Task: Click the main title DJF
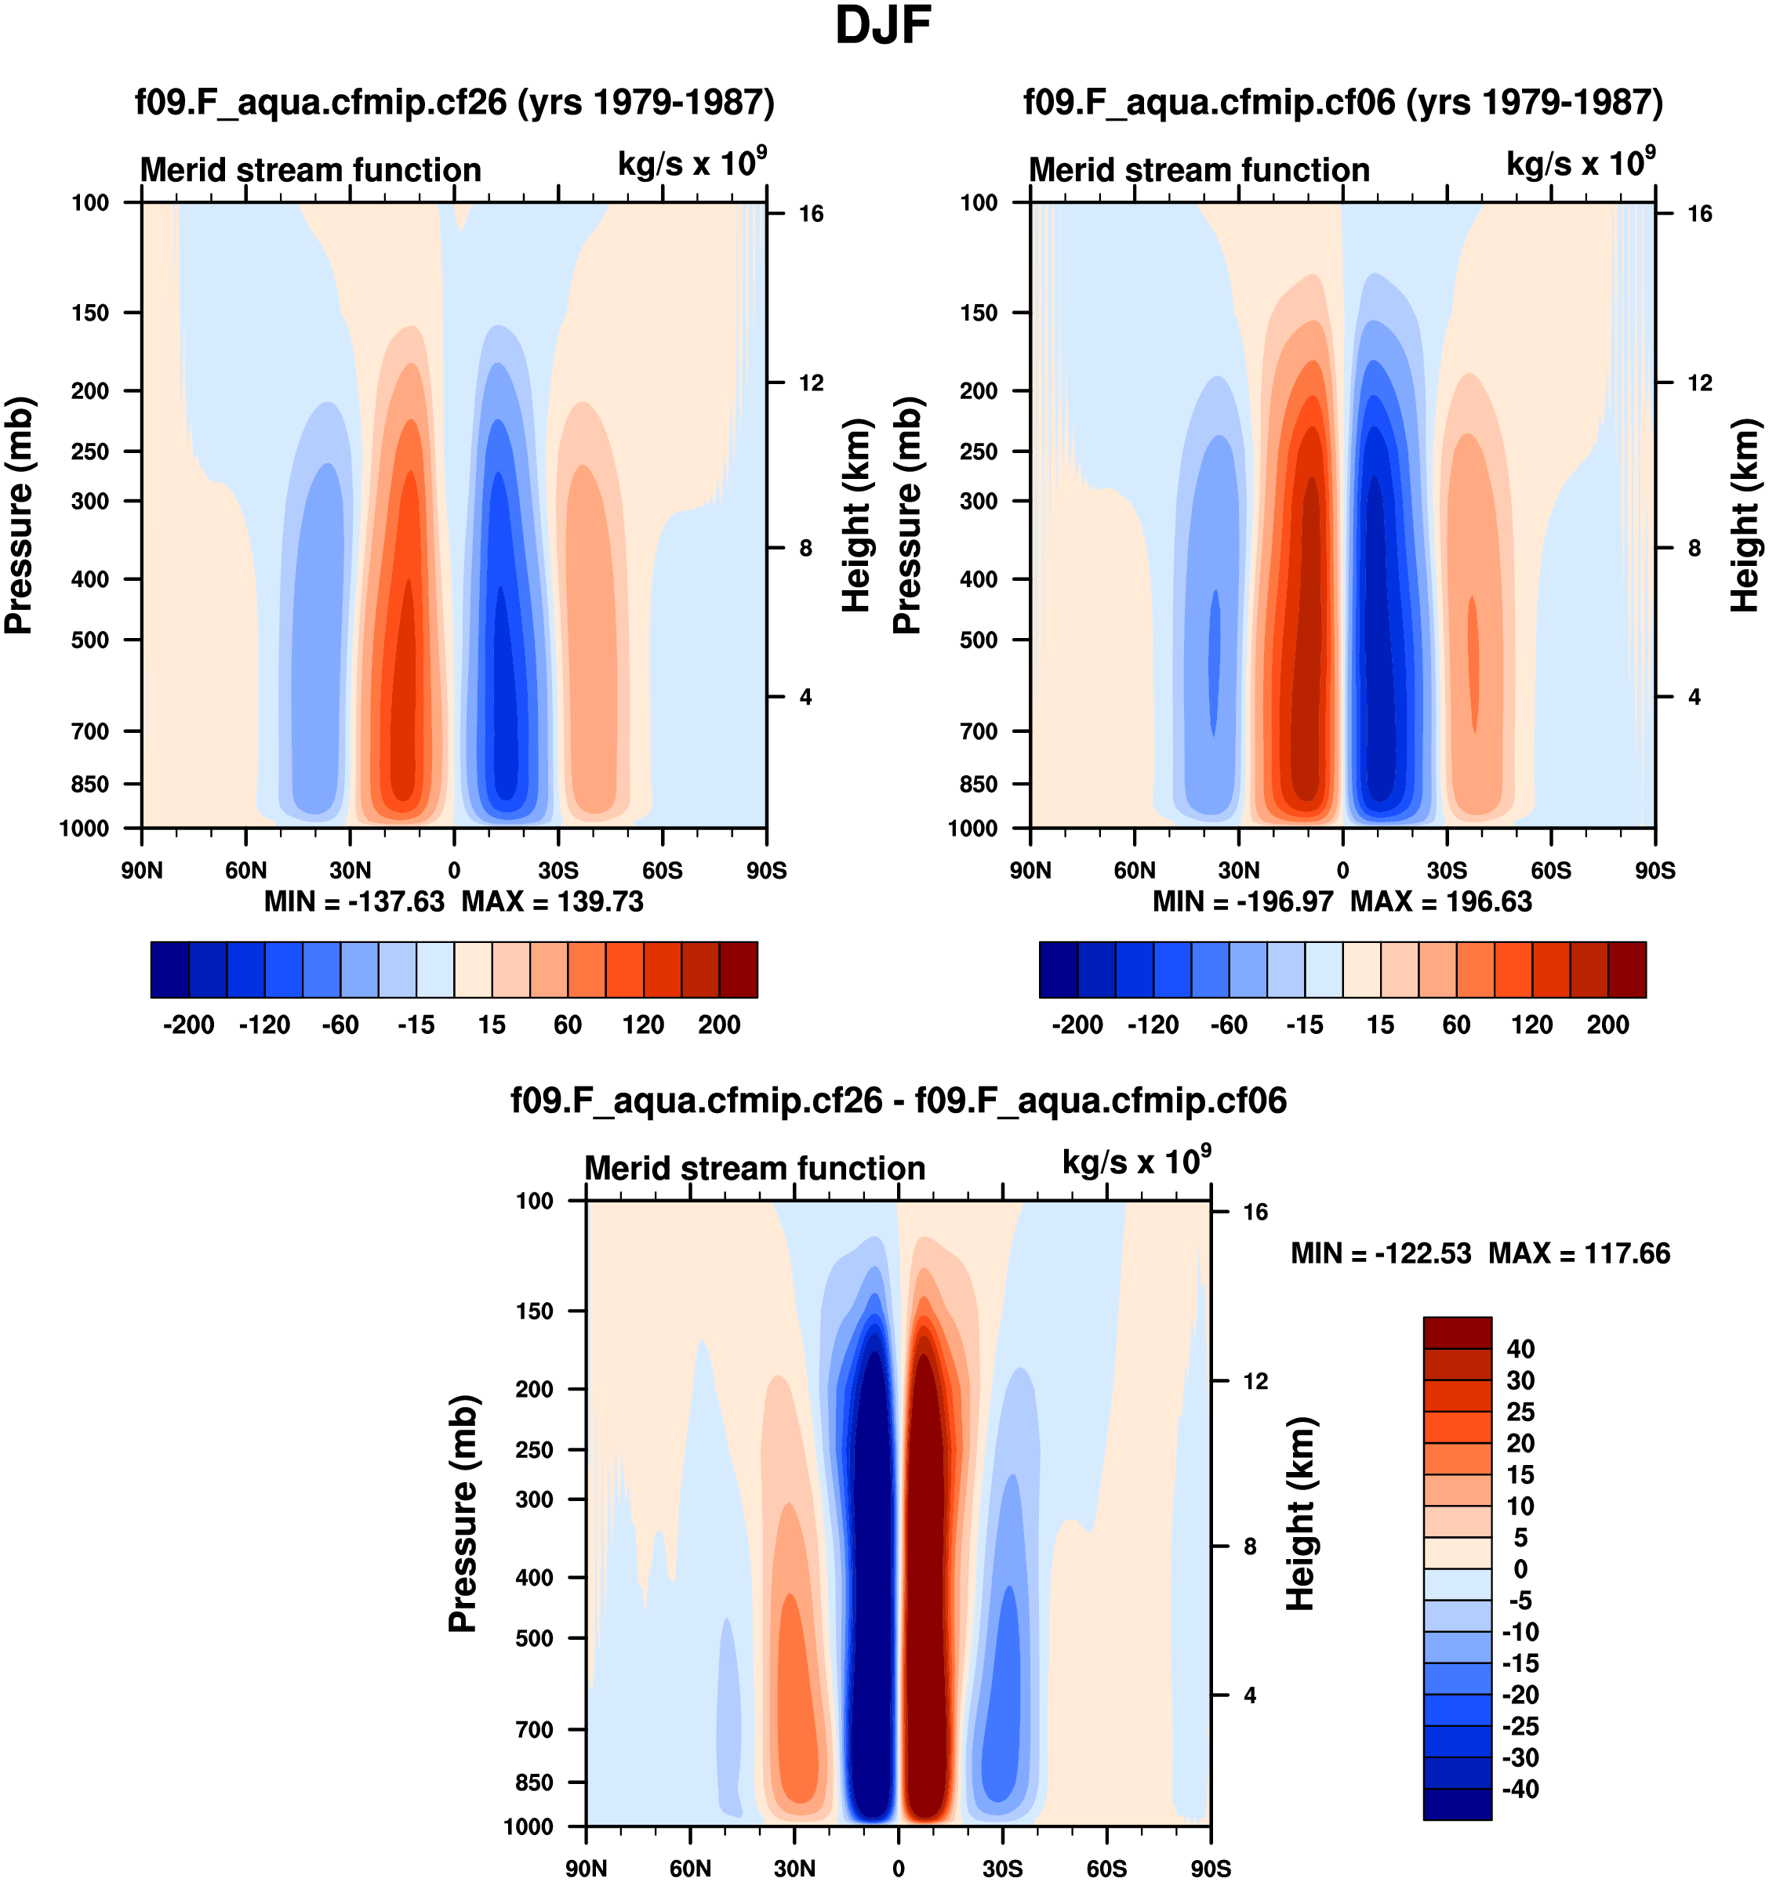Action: pyautogui.click(x=883, y=26)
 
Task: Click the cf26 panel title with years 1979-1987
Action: pyautogui.click(x=455, y=102)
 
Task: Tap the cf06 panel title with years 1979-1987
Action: pyautogui.click(x=1343, y=102)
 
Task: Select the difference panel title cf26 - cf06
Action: pyautogui.click(x=899, y=1101)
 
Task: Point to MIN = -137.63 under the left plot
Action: pyautogui.click(x=354, y=901)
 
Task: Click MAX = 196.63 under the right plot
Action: pyautogui.click(x=1440, y=901)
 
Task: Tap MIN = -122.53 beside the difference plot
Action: pyautogui.click(x=1381, y=1253)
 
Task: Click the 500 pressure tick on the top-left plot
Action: pyautogui.click(x=90, y=640)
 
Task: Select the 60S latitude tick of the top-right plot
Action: pyautogui.click(x=1551, y=870)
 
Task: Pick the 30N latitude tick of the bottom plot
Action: pyautogui.click(x=794, y=1869)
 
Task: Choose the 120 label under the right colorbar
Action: pyautogui.click(x=1531, y=1024)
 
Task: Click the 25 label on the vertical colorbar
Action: pyautogui.click(x=1520, y=1412)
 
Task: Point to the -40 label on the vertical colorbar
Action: pyautogui.click(x=1520, y=1790)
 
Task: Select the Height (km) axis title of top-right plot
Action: pyautogui.click(x=1745, y=515)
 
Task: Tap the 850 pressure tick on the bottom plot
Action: pyautogui.click(x=534, y=1782)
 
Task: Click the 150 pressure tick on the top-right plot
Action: pyautogui.click(x=979, y=313)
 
